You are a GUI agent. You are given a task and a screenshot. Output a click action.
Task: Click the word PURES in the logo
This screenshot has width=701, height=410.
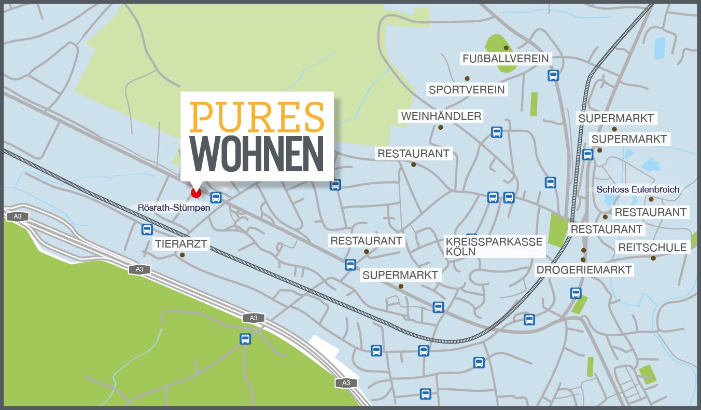(x=257, y=117)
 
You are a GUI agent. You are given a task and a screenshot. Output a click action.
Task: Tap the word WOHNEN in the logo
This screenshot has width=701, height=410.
(x=257, y=155)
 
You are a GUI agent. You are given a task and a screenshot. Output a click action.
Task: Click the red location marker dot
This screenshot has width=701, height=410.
(x=195, y=193)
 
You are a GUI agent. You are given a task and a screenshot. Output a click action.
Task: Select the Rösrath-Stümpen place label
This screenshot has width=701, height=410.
(x=174, y=208)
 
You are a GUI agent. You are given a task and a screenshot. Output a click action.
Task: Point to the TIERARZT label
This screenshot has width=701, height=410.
(x=181, y=243)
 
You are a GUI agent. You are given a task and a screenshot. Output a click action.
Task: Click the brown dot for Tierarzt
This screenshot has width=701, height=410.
(x=182, y=255)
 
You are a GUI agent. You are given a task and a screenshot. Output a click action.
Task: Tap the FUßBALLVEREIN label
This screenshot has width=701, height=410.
(x=505, y=59)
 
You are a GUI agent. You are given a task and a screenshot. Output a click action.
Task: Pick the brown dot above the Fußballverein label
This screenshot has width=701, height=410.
(x=506, y=48)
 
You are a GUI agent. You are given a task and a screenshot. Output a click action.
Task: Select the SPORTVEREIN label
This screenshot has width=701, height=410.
(x=467, y=90)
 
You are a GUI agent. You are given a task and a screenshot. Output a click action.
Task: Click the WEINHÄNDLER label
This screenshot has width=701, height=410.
(x=441, y=116)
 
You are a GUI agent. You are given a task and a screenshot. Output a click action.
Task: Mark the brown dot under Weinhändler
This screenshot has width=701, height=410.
(x=441, y=127)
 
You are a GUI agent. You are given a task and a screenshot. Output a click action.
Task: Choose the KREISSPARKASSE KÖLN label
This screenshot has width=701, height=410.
(x=494, y=247)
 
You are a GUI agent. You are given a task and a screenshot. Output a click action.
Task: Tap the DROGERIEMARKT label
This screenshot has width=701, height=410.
(x=584, y=270)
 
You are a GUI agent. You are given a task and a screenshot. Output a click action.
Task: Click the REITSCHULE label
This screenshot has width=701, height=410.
(x=652, y=248)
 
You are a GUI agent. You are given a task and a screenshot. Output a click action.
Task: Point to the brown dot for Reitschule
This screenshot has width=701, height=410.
(x=653, y=258)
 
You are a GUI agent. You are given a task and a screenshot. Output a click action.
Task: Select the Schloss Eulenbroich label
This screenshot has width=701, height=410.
(x=638, y=189)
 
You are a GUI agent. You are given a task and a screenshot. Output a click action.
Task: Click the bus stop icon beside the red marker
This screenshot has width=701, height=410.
(x=216, y=198)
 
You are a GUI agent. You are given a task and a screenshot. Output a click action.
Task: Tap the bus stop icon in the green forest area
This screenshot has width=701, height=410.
(x=245, y=339)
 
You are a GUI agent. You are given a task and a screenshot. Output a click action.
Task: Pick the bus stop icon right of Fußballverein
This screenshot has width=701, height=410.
(x=553, y=76)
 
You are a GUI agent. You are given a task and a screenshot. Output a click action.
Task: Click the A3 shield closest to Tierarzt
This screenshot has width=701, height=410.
(x=139, y=269)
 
